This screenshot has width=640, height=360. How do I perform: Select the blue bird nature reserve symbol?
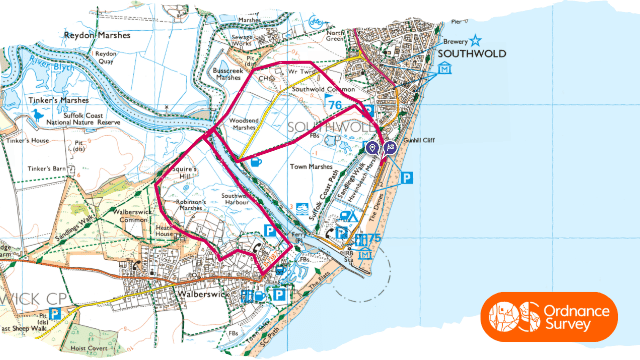(39, 116)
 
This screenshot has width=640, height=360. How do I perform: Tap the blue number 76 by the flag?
(335, 105)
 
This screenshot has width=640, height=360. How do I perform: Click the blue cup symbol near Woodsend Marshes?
(256, 161)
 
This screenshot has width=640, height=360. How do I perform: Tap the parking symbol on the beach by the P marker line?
(406, 178)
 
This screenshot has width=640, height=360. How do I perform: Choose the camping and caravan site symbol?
(349, 216)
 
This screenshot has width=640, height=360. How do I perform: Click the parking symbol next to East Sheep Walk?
(56, 313)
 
